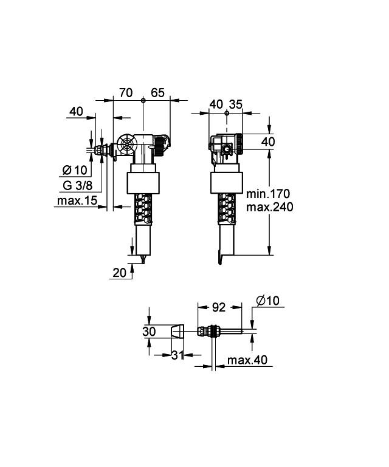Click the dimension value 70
(x=126, y=92)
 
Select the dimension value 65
(x=157, y=92)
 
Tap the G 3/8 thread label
(x=77, y=185)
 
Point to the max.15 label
(x=77, y=201)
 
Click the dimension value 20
(x=120, y=273)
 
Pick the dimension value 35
(x=235, y=104)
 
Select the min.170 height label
(x=269, y=194)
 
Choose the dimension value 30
(x=149, y=332)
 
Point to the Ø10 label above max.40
(x=267, y=300)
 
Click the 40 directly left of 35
(x=216, y=104)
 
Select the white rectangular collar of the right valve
(x=225, y=182)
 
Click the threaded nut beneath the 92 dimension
(x=210, y=332)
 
